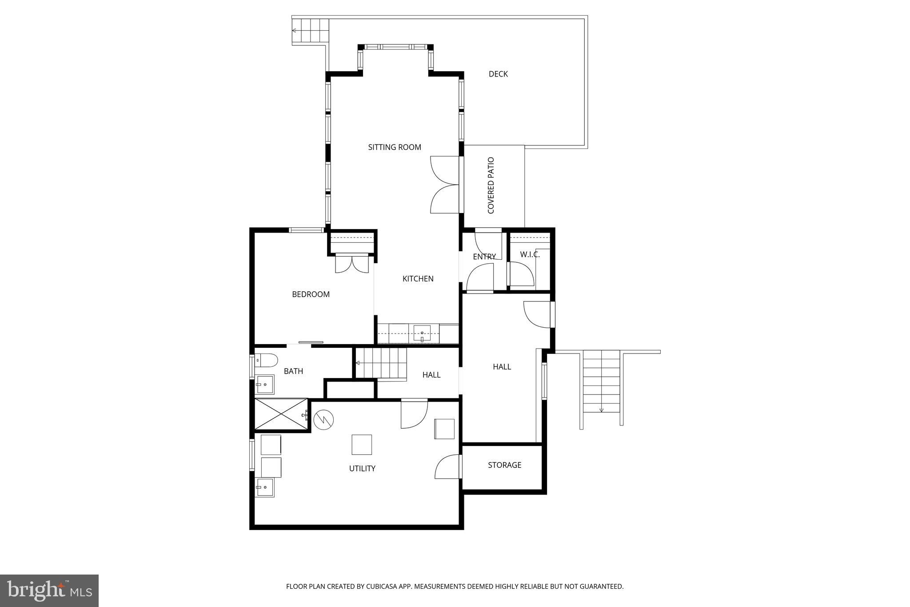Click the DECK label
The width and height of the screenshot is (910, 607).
click(x=498, y=74)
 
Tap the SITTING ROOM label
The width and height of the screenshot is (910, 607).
click(x=395, y=147)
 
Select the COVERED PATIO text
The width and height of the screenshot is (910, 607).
click(x=491, y=185)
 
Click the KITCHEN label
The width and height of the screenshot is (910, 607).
click(x=418, y=279)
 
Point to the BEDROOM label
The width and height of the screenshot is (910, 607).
click(x=311, y=294)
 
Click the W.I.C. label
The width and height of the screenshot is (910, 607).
click(x=530, y=254)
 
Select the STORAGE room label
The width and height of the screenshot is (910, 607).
click(x=504, y=465)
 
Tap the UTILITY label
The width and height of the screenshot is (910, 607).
click(x=362, y=469)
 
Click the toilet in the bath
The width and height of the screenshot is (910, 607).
click(x=266, y=360)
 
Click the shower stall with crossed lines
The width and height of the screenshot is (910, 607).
click(x=281, y=414)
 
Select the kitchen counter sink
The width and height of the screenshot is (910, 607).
click(x=422, y=333)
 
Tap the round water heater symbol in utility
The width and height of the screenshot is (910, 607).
click(x=323, y=419)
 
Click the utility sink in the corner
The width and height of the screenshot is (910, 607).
click(x=264, y=487)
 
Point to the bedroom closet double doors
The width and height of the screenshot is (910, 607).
click(x=352, y=264)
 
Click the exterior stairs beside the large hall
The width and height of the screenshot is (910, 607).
click(x=601, y=382)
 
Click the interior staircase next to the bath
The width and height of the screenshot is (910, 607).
click(x=382, y=363)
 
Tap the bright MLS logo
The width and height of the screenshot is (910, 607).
click(x=49, y=591)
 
